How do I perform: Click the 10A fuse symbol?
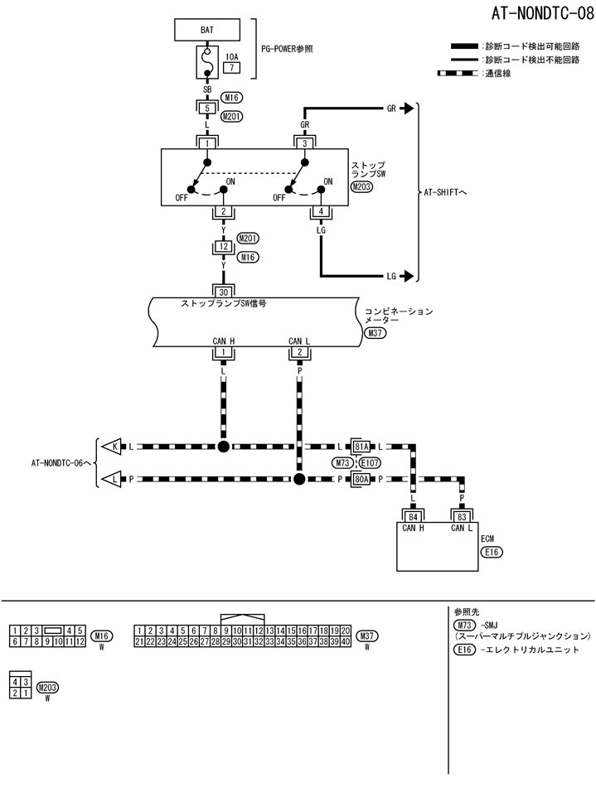tap(206, 60)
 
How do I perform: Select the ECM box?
tap(438, 547)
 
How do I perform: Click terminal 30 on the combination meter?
tap(222, 292)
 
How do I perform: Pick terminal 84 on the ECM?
tap(412, 516)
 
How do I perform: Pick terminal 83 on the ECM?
tap(462, 516)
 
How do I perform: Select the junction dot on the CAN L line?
tap(298, 479)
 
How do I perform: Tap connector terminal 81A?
tap(361, 447)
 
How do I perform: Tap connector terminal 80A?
tap(361, 479)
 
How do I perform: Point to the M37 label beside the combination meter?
tap(375, 334)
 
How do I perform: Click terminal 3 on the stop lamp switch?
tap(305, 143)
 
